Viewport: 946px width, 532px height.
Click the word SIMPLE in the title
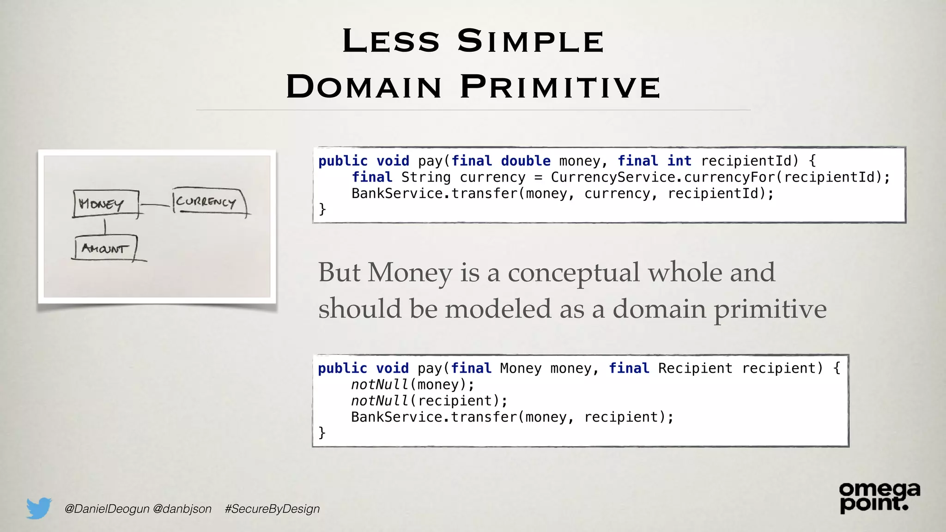click(530, 41)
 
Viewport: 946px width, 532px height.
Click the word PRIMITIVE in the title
click(560, 87)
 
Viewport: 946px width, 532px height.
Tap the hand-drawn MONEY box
click(105, 203)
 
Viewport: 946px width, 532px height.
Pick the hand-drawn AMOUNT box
click(105, 248)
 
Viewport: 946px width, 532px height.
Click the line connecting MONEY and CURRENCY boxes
click(156, 205)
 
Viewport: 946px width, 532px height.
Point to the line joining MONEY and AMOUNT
click(105, 227)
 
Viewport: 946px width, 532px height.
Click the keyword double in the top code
click(525, 161)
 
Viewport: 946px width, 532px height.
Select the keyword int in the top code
click(679, 161)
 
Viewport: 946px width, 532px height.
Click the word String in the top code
click(425, 177)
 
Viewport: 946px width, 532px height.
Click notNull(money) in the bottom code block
click(412, 384)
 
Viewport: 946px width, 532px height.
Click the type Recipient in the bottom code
click(695, 368)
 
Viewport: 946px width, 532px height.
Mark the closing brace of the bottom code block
click(322, 433)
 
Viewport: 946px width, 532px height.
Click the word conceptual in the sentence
click(573, 272)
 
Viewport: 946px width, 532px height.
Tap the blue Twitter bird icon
click(39, 508)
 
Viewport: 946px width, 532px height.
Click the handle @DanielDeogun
click(107, 508)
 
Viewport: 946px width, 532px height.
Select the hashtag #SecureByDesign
click(272, 508)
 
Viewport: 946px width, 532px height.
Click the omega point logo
click(879, 497)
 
